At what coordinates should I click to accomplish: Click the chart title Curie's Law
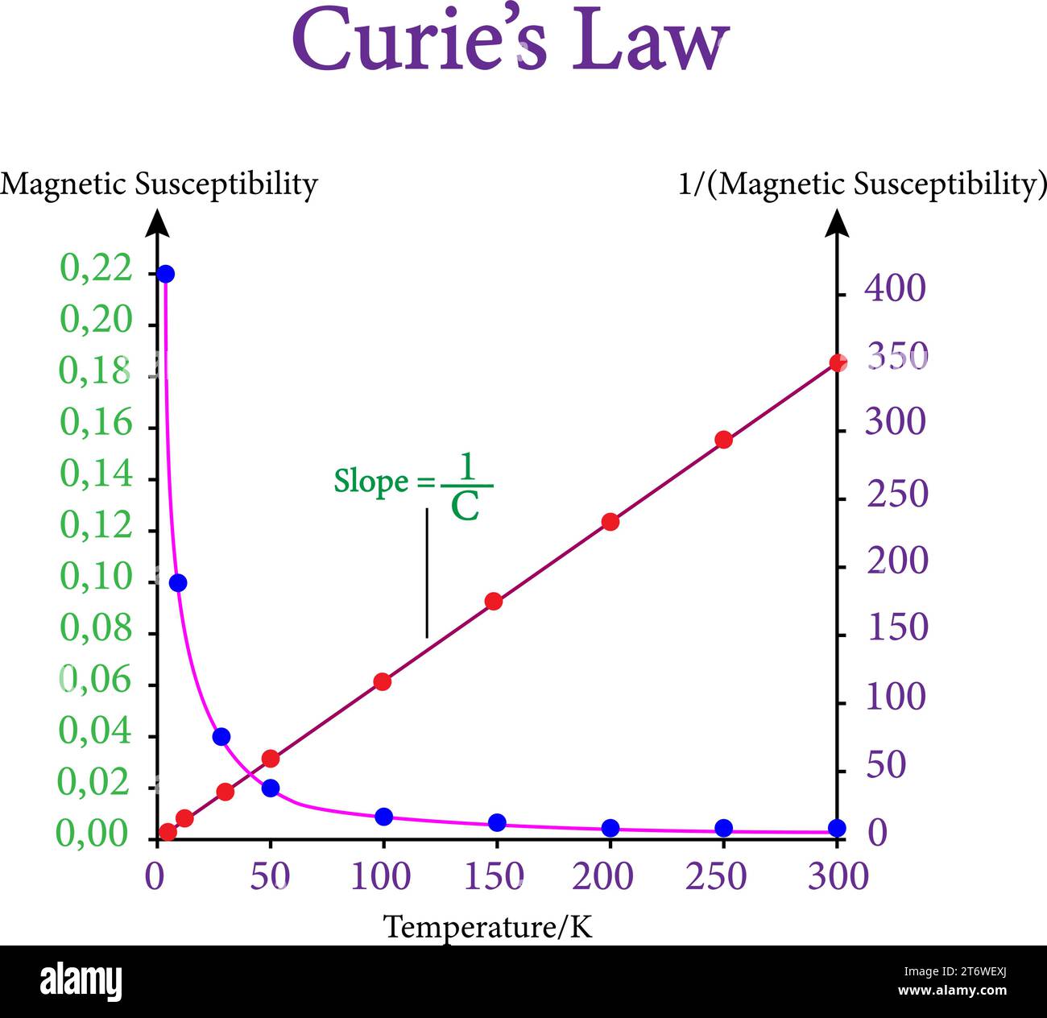click(510, 40)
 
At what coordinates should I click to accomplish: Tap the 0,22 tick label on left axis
click(96, 268)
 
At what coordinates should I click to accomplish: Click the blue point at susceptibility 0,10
click(178, 583)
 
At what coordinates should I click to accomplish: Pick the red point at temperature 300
click(838, 363)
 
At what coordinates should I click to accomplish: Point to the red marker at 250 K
click(723, 440)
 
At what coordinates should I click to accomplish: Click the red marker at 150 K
click(494, 602)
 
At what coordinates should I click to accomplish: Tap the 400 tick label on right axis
click(895, 288)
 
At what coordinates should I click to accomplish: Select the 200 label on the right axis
click(897, 561)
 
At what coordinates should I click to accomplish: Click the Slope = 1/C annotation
click(413, 484)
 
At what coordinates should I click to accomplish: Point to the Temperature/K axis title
click(487, 927)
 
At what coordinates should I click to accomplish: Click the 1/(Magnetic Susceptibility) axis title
click(862, 184)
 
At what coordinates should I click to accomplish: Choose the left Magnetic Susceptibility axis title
click(159, 184)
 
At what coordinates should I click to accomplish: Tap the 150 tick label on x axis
click(494, 877)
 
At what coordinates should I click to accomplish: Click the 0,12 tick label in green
click(96, 526)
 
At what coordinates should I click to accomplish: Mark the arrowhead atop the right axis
click(838, 222)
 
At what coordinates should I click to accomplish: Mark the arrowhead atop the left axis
click(157, 222)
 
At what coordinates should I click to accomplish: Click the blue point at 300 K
click(837, 828)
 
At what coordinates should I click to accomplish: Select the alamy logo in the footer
click(81, 983)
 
